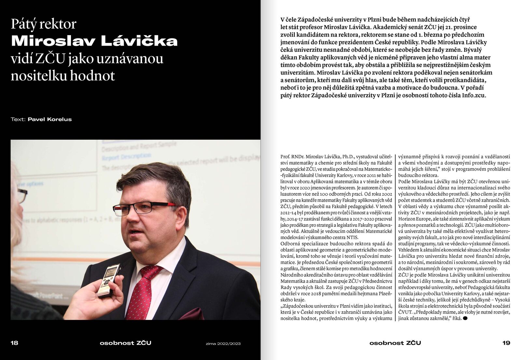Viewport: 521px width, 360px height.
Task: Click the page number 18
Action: click(14, 343)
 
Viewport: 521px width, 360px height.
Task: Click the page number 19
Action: click(506, 343)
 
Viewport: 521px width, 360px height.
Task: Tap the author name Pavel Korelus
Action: click(49, 119)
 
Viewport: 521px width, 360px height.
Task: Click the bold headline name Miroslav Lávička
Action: click(94, 41)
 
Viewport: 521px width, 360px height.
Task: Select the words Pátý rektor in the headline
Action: click(44, 24)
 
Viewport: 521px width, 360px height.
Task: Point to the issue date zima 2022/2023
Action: click(223, 343)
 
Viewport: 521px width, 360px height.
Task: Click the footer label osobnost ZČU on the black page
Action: click(125, 343)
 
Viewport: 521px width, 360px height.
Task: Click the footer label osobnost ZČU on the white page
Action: click(395, 343)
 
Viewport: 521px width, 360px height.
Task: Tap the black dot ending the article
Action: click(465, 318)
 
